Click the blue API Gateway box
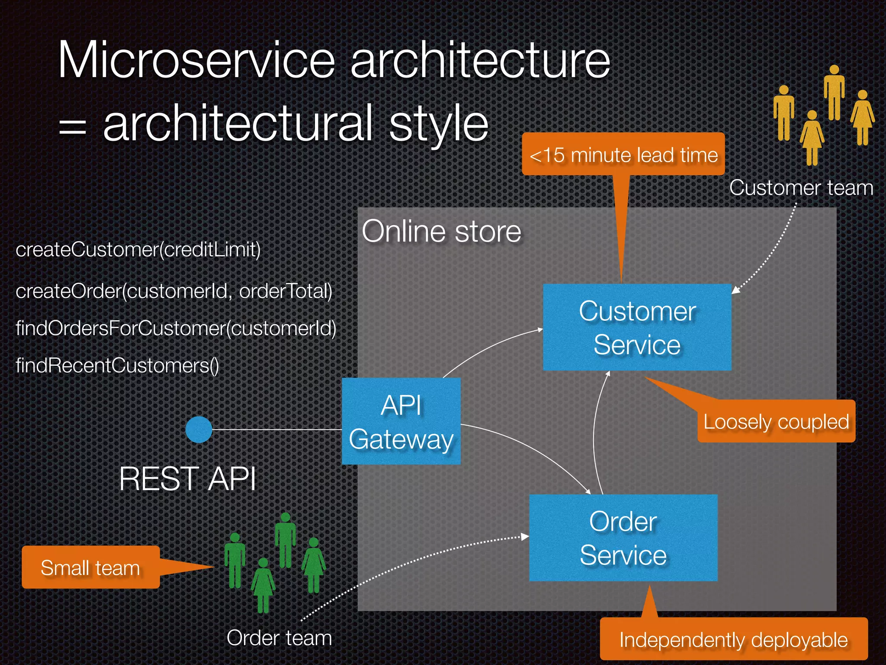pyautogui.click(x=401, y=421)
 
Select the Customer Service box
pyautogui.click(x=637, y=327)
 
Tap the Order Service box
pyautogui.click(x=623, y=538)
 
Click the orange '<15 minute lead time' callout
pyautogui.click(x=623, y=155)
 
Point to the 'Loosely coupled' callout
pyautogui.click(x=776, y=422)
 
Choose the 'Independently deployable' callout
pyautogui.click(x=733, y=639)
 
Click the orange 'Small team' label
pyautogui.click(x=90, y=567)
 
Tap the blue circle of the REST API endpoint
pyautogui.click(x=199, y=429)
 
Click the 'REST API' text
pyautogui.click(x=187, y=479)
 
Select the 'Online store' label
pyautogui.click(x=441, y=231)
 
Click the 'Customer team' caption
pyautogui.click(x=801, y=188)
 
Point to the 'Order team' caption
pyautogui.click(x=279, y=638)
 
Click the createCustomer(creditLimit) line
pyautogui.click(x=138, y=249)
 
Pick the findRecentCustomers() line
pyautogui.click(x=117, y=365)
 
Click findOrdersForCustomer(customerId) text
pyautogui.click(x=176, y=328)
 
